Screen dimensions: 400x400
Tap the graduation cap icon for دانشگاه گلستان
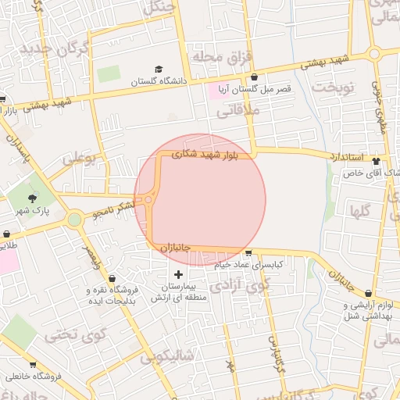(159, 70)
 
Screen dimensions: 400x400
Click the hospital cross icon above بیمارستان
(179, 274)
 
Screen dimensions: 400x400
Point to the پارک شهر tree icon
(32, 198)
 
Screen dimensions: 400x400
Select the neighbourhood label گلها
(360, 210)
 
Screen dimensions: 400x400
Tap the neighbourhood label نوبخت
(334, 87)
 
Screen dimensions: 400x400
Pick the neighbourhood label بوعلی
(78, 158)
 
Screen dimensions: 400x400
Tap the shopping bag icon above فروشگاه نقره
(112, 279)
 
